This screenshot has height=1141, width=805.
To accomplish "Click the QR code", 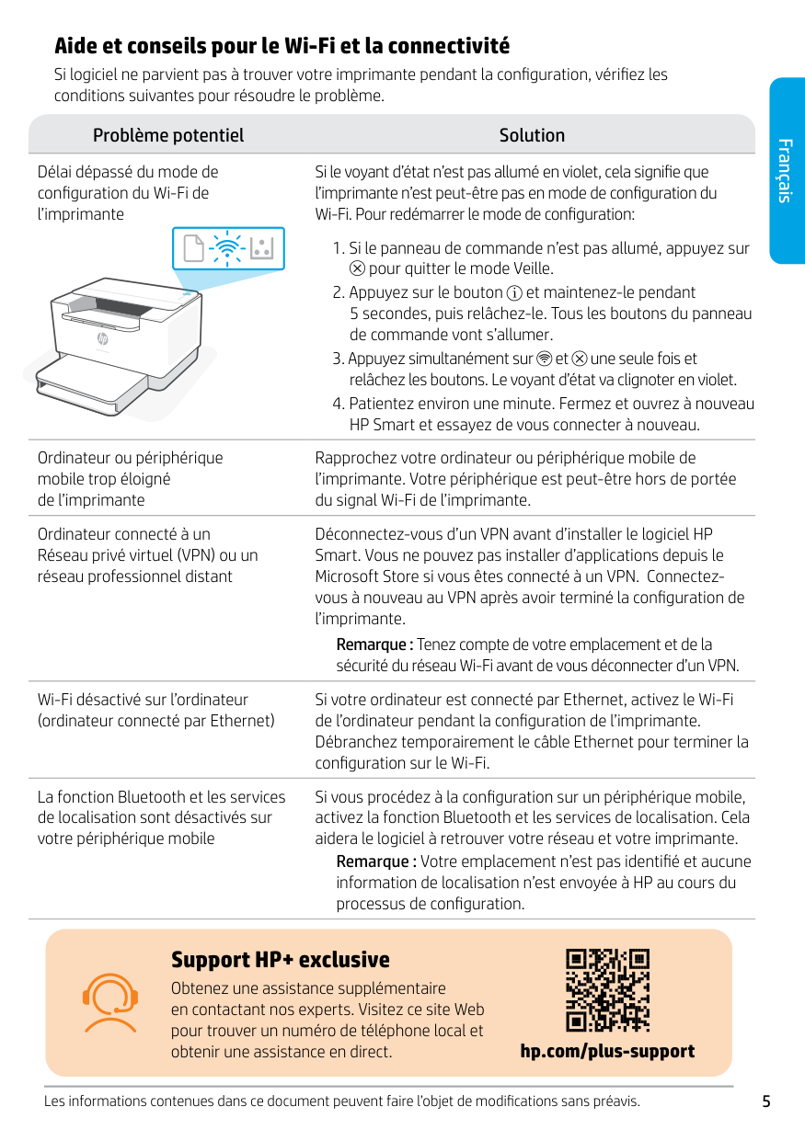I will (607, 989).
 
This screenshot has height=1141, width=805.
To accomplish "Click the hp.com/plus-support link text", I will (607, 1051).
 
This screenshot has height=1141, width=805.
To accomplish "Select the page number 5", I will (766, 1101).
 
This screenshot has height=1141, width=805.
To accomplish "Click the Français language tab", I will (785, 171).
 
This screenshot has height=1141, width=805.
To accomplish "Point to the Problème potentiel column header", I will (168, 135).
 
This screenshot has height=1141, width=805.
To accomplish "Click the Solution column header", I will (532, 135).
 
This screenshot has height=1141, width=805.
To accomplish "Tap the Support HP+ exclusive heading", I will (281, 960).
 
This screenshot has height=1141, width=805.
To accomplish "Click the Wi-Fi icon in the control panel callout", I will (225, 248).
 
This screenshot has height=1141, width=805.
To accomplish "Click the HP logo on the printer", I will (103, 338).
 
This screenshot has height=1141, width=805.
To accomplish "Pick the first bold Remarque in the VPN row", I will (374, 645).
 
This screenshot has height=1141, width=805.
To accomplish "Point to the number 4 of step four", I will (338, 404).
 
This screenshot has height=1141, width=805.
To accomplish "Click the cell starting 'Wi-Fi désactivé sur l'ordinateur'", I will (156, 711).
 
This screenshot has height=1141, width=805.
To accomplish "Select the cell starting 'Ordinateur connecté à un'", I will (147, 555).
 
